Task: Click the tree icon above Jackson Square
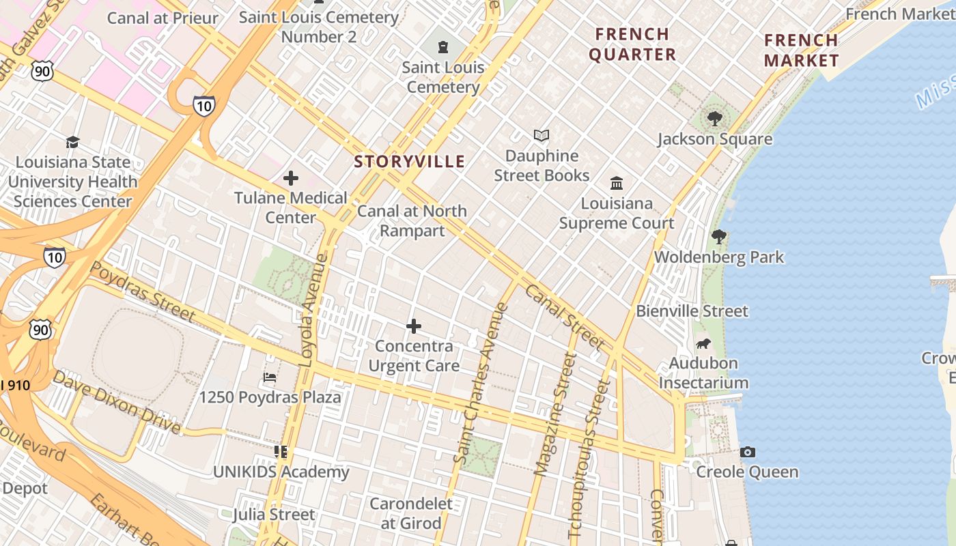coord(714,119)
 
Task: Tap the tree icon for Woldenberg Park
coord(718,237)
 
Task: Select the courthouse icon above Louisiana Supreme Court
coord(617,183)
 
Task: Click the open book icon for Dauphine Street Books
coord(542,136)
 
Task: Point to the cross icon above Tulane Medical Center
coord(291,178)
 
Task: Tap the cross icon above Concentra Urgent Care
coord(414,326)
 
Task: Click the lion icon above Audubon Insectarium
coord(703,343)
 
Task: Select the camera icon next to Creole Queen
coord(748,452)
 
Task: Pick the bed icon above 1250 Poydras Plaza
coord(270,377)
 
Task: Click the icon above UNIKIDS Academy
coord(281,452)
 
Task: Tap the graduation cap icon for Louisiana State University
coord(72,142)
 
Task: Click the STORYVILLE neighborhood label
coord(410,162)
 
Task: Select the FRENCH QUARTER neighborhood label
coord(632,44)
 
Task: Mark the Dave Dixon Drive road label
coord(117,403)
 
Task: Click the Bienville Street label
coord(692,311)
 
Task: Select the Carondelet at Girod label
coord(411,513)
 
